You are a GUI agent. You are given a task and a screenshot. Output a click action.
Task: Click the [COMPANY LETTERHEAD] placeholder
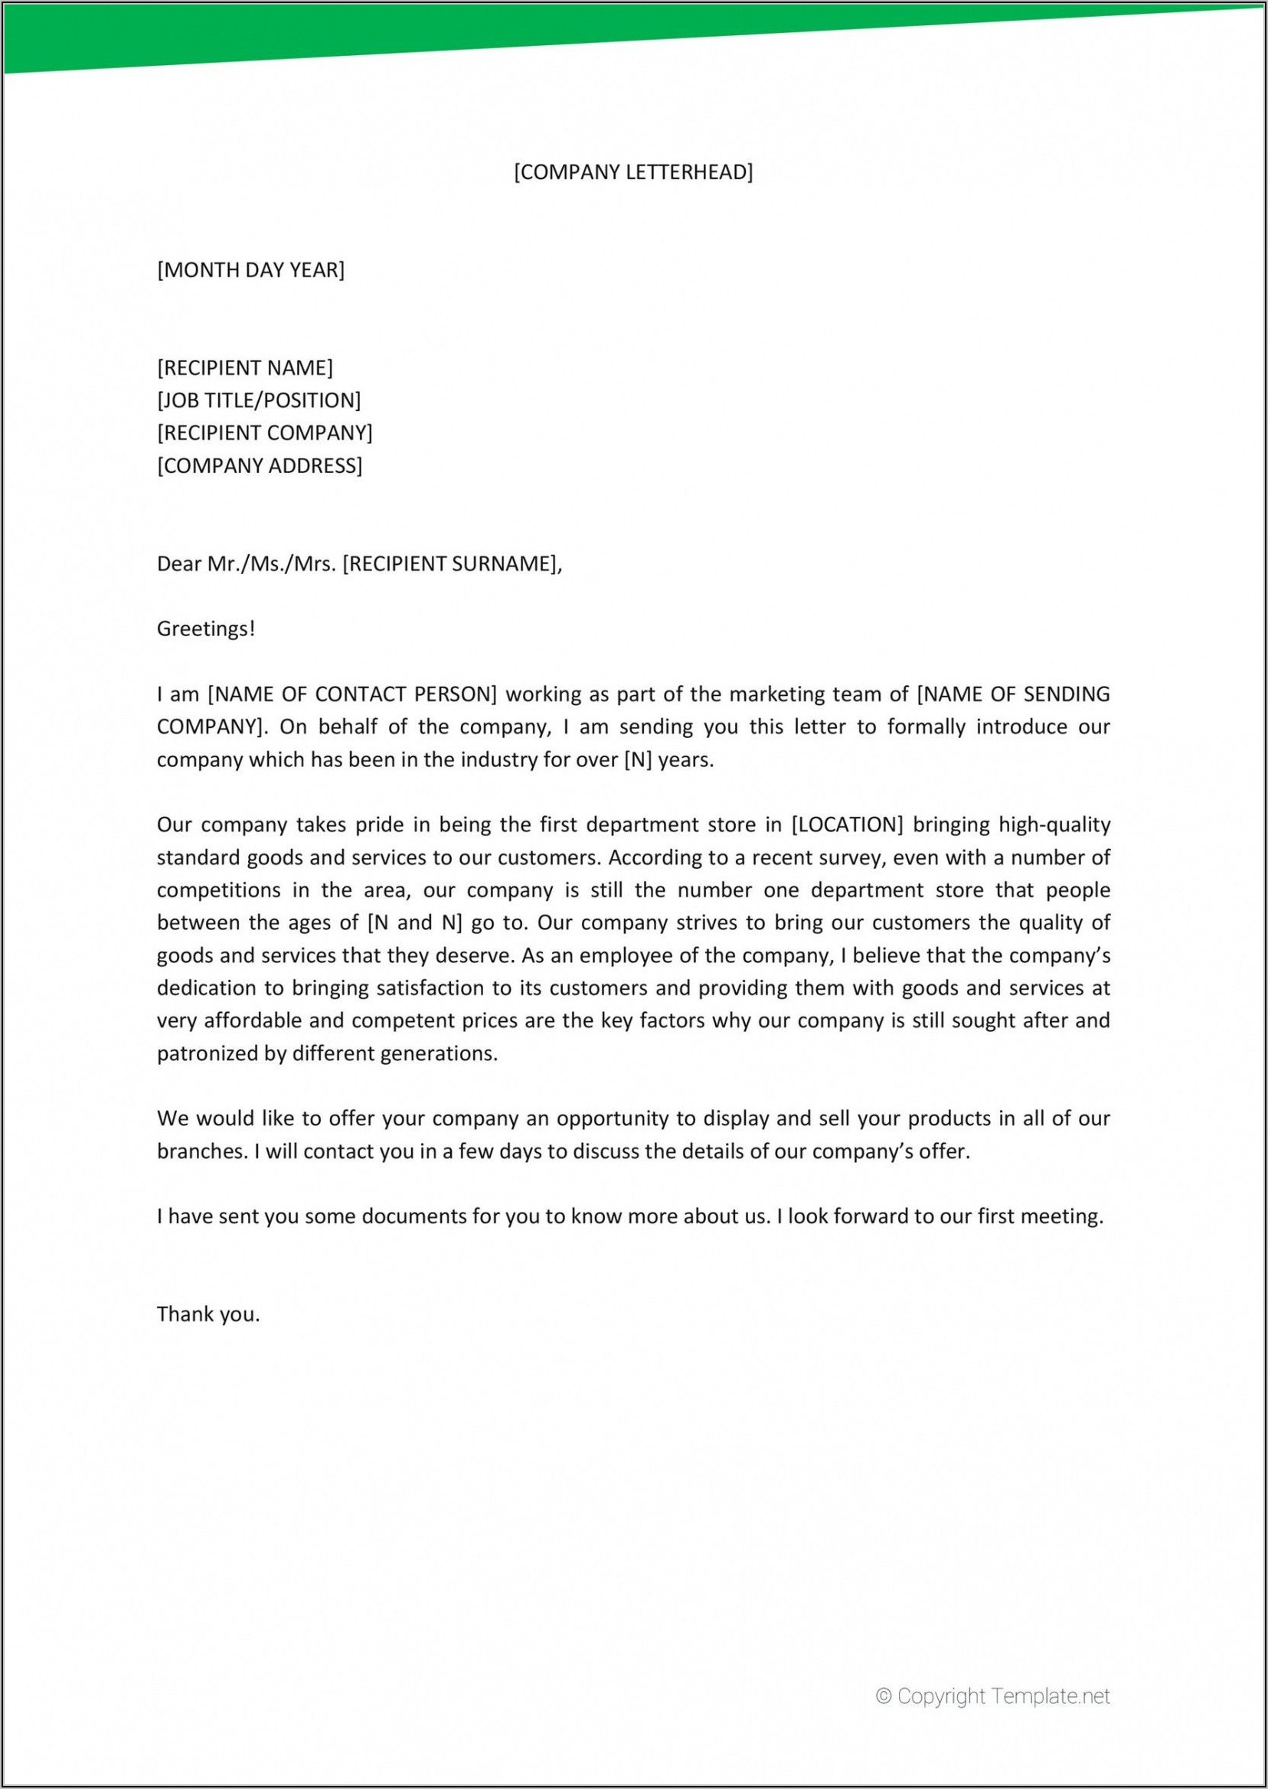[633, 172]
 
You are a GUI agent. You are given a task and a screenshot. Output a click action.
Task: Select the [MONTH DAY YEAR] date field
[250, 270]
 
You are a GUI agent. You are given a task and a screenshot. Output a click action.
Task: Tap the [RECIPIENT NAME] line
[245, 367]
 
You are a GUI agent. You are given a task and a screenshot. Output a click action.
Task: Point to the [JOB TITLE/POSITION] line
[260, 400]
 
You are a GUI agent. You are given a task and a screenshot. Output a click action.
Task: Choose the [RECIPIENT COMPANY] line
[265, 433]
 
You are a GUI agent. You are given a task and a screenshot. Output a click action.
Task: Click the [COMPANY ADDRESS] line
[260, 466]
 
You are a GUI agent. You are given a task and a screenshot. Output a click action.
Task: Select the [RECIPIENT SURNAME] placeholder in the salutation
[449, 563]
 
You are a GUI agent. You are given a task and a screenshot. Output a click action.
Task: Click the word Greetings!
[206, 628]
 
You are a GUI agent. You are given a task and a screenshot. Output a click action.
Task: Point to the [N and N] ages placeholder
[414, 922]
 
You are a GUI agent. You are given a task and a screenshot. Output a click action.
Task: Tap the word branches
[201, 1151]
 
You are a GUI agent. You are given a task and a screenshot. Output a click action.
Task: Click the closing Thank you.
[208, 1314]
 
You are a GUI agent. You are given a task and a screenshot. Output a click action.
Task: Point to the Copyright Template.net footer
[992, 1717]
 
